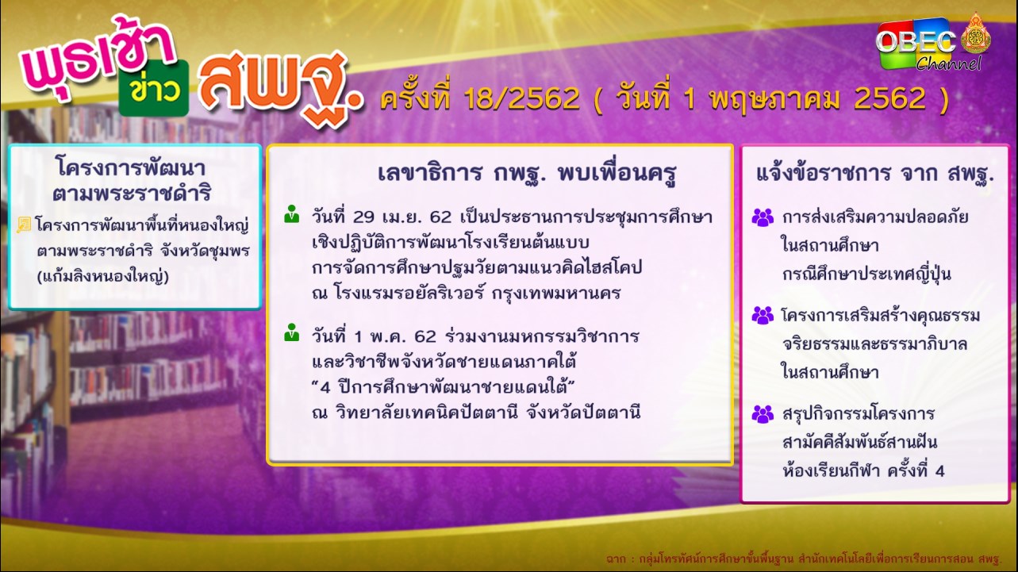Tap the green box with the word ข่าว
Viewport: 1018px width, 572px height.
click(x=154, y=88)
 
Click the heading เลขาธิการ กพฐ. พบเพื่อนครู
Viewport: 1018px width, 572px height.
click(x=527, y=173)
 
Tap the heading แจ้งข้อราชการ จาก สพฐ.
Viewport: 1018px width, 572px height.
click(x=875, y=174)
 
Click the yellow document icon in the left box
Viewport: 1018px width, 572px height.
click(x=24, y=225)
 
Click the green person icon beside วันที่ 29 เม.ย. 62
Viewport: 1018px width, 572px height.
click(x=292, y=214)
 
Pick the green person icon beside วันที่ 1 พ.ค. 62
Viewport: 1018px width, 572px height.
click(x=292, y=332)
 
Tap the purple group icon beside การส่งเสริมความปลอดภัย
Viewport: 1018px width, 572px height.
click(x=763, y=217)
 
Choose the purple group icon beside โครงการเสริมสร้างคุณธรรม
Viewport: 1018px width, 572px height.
click(x=763, y=315)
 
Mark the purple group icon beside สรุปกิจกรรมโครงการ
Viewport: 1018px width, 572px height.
click(x=763, y=414)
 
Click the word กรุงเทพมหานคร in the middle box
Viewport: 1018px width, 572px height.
click(x=556, y=294)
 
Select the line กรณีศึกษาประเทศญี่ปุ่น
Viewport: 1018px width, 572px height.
click(x=866, y=274)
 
